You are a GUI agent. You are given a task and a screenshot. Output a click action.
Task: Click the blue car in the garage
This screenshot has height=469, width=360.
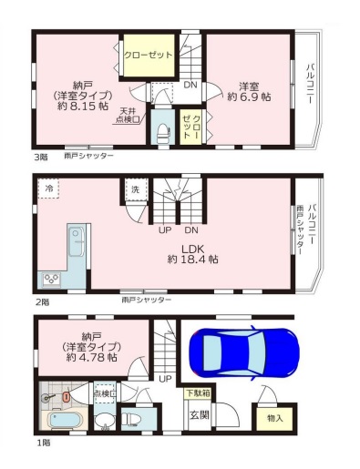244,354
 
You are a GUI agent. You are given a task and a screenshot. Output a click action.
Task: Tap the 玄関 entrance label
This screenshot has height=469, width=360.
200,414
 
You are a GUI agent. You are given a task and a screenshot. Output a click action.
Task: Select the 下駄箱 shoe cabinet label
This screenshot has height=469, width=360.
198,393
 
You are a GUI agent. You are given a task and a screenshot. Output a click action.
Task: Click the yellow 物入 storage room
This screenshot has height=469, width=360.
274,418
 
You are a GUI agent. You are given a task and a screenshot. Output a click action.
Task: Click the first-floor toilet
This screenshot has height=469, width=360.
133,419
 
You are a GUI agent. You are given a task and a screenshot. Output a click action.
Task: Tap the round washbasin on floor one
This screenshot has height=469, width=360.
105,422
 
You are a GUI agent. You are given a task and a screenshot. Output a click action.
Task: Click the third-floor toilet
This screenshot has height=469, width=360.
163,133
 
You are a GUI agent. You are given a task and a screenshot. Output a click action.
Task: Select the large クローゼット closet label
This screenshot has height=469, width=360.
149,55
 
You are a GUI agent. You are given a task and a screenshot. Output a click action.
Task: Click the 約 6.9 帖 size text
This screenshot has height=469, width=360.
249,97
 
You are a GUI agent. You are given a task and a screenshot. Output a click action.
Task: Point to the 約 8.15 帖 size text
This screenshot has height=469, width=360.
83,106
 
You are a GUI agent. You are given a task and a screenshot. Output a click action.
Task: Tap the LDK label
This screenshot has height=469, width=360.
192,249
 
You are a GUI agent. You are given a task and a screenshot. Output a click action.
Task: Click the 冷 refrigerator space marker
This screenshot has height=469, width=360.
48,189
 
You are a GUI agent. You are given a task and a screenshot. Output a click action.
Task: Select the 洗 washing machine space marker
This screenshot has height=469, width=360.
136,189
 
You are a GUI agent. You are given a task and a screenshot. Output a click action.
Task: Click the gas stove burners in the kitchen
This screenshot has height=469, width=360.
51,279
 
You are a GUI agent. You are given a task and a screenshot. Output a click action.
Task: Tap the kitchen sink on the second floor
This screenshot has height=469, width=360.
76,242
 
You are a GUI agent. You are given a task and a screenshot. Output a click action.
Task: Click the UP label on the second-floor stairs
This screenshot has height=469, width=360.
165,230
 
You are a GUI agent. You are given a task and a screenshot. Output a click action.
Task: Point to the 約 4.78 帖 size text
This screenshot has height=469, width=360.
92,357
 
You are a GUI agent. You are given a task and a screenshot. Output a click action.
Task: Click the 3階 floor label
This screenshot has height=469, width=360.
40,157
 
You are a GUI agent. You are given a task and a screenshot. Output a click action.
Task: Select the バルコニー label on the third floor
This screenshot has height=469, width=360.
309,83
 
